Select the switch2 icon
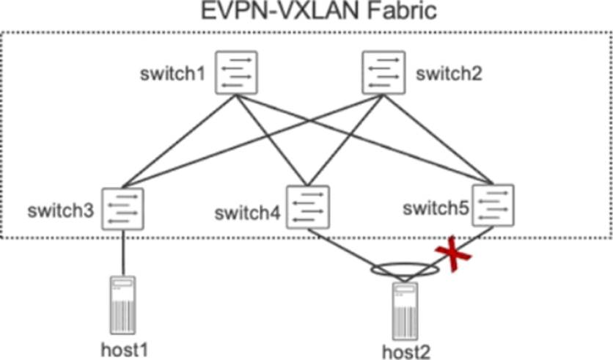383,72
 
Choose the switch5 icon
493,205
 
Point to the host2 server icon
404,311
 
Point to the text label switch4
247,214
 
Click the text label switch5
436,208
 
